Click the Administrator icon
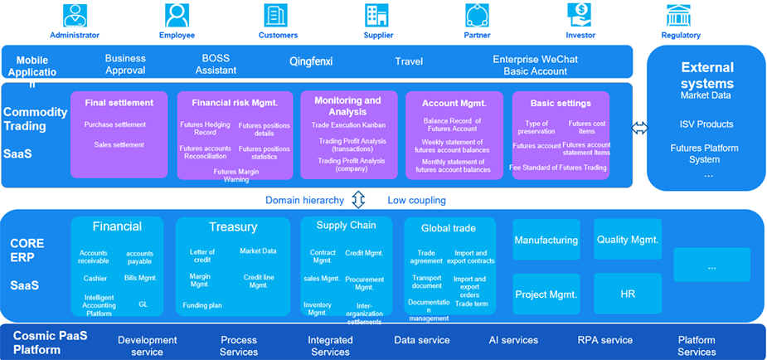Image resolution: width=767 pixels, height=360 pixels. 75,15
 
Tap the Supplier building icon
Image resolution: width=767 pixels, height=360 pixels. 377,15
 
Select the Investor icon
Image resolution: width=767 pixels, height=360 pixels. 580,15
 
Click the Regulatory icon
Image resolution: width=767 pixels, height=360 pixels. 680,15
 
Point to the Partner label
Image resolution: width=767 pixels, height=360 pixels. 477,36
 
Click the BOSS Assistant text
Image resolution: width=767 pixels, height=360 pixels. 216,65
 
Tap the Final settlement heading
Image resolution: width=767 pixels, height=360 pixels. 119,104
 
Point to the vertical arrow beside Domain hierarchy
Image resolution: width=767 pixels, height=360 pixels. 358,200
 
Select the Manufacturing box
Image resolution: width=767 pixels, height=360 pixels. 546,241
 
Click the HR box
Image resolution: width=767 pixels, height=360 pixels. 628,294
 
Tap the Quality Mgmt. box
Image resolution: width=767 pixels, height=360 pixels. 628,241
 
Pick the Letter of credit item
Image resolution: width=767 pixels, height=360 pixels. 202,255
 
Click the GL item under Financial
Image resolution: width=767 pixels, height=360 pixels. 143,304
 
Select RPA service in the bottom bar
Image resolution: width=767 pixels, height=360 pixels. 604,340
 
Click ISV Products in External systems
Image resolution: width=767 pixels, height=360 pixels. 706,124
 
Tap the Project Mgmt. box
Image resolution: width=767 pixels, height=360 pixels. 546,294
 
